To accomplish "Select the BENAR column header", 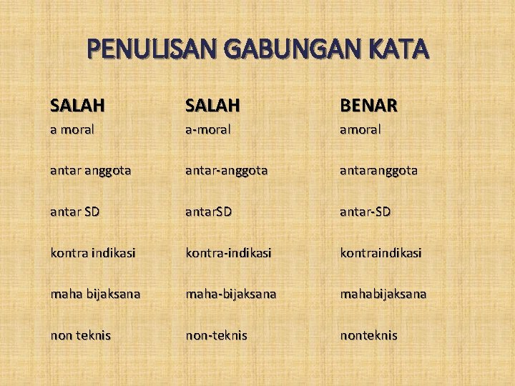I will tap(368, 106).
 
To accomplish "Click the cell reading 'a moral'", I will tap(72, 130).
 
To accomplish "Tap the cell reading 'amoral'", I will tap(360, 130).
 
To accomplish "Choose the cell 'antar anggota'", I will tap(90, 172).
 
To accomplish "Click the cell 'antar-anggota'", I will tap(227, 172).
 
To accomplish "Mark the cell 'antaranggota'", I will tap(378, 172).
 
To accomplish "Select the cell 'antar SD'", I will tap(75, 212).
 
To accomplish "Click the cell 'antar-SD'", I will tap(365, 212).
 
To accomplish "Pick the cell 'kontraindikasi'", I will tap(381, 253).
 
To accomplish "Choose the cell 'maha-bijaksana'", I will tap(232, 294).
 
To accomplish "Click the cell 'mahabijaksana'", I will tap(383, 294).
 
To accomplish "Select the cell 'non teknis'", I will tap(80, 335).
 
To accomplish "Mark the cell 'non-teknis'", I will tap(216, 335).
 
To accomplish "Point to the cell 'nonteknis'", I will tap(368, 335).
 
